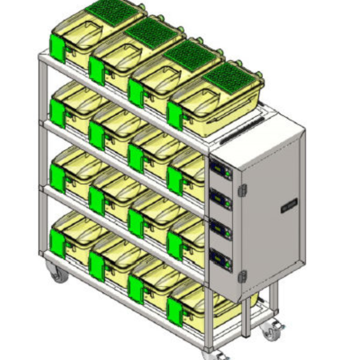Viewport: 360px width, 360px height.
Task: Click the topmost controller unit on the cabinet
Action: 221,169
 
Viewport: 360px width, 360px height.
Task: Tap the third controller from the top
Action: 221,229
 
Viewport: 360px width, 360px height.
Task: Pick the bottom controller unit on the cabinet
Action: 221,259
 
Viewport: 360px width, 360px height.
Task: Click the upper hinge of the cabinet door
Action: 242,190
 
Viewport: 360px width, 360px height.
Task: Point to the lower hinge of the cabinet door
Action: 242,277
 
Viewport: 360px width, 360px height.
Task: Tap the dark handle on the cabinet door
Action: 289,205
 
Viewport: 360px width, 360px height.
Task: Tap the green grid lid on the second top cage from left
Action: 151,32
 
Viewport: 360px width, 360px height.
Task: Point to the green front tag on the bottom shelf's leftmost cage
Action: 58,243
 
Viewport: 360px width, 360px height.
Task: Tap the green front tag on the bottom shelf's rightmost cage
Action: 175,312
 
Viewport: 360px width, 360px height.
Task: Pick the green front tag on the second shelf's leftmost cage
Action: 58,112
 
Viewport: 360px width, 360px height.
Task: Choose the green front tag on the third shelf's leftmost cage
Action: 58,178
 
